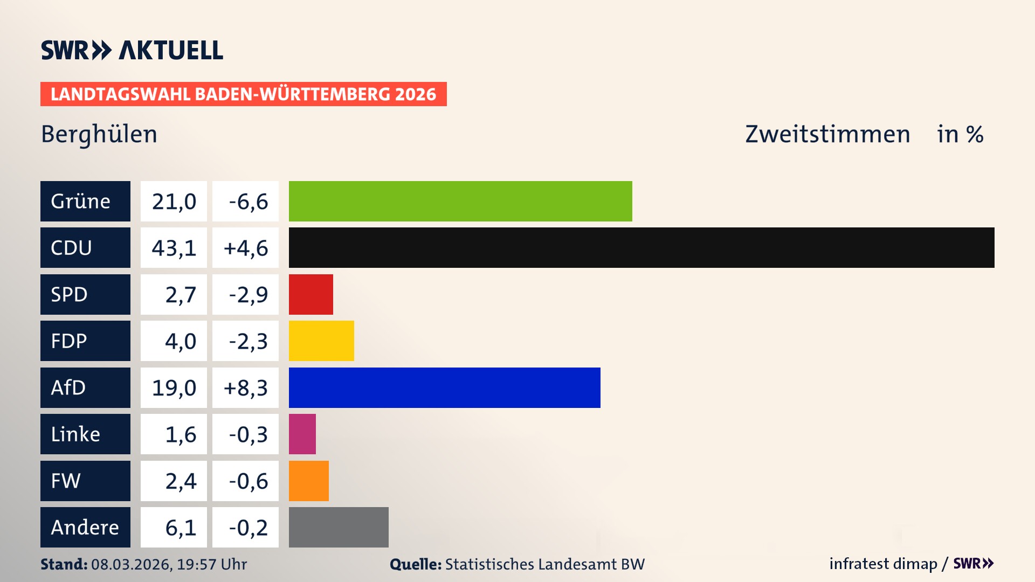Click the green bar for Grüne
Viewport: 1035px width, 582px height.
point(460,201)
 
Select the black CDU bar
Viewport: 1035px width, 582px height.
point(641,247)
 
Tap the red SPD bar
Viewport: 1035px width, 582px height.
point(310,294)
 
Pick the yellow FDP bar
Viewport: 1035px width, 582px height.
point(321,341)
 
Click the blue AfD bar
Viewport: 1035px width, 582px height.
point(444,387)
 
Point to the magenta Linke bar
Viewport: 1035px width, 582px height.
point(302,434)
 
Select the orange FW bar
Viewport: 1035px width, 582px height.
point(308,481)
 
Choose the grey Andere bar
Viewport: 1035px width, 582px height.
point(339,527)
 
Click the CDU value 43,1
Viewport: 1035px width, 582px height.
point(174,248)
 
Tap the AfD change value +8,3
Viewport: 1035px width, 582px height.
point(246,388)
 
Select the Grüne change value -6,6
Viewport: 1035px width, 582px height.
point(248,202)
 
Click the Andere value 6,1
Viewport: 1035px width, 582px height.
point(181,528)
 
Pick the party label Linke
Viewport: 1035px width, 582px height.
point(75,434)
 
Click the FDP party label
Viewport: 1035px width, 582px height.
point(69,341)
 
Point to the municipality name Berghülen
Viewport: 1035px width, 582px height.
point(99,134)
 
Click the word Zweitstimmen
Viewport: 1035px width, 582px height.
point(827,134)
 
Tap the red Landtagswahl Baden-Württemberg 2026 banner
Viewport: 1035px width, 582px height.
point(243,94)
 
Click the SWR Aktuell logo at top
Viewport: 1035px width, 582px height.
point(132,50)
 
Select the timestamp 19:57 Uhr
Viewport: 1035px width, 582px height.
point(212,564)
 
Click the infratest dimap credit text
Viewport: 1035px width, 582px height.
point(883,564)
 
